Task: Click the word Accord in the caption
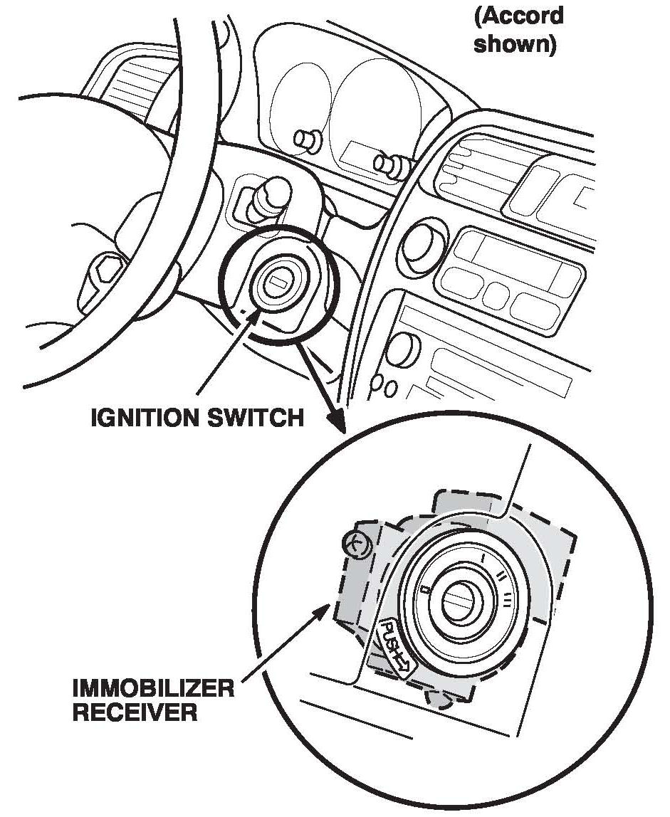(518, 16)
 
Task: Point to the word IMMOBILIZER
(154, 689)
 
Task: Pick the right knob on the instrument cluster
(391, 165)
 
